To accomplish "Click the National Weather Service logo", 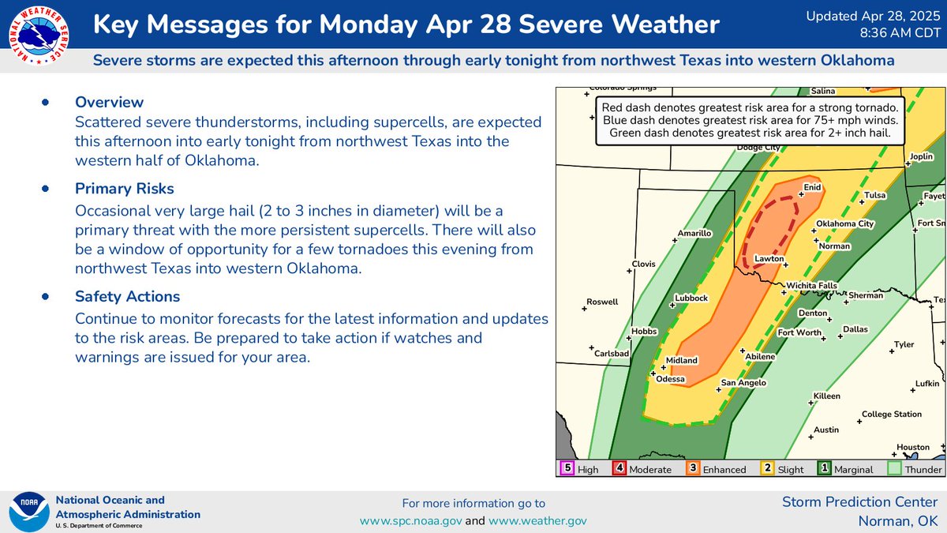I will (37, 36).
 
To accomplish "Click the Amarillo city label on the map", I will (694, 234).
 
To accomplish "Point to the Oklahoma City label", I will (844, 223).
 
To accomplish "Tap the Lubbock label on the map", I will (691, 298).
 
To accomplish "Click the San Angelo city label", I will (743, 383).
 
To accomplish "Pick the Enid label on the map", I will (812, 187).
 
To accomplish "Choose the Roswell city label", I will (602, 302).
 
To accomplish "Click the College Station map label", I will (891, 414).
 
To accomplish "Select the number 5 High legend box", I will (567, 469).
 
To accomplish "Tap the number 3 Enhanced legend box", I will (692, 469).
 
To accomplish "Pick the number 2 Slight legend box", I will (766, 469).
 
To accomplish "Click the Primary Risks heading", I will (125, 189).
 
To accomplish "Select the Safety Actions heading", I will (127, 297).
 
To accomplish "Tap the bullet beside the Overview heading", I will (45, 102).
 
